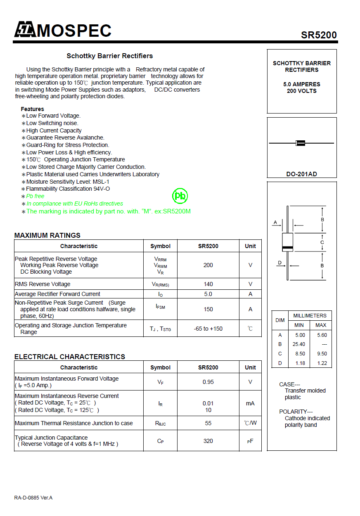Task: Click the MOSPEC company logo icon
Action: pyautogui.click(x=25, y=30)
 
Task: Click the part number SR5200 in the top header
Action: pyautogui.click(x=319, y=35)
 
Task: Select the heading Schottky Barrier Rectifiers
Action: pyautogui.click(x=110, y=56)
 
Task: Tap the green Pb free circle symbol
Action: pyautogui.click(x=180, y=196)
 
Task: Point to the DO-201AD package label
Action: pyautogui.click(x=302, y=174)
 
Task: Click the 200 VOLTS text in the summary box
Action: pyautogui.click(x=302, y=91)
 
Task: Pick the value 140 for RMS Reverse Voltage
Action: pyautogui.click(x=208, y=284)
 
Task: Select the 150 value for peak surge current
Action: pyautogui.click(x=208, y=309)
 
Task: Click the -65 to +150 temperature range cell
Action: pyautogui.click(x=208, y=329)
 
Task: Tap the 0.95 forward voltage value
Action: pyautogui.click(x=208, y=382)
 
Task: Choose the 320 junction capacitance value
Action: pyautogui.click(x=208, y=441)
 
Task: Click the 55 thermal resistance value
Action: pyautogui.click(x=208, y=423)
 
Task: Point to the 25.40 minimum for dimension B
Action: pyautogui.click(x=299, y=344)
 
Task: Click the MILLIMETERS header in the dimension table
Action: pyautogui.click(x=310, y=316)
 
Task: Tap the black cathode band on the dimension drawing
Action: pyautogui.click(x=287, y=248)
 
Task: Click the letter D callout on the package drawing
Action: pyautogui.click(x=279, y=263)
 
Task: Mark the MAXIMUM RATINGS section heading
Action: pyautogui.click(x=47, y=235)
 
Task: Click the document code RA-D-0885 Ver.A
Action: pyautogui.click(x=33, y=498)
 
